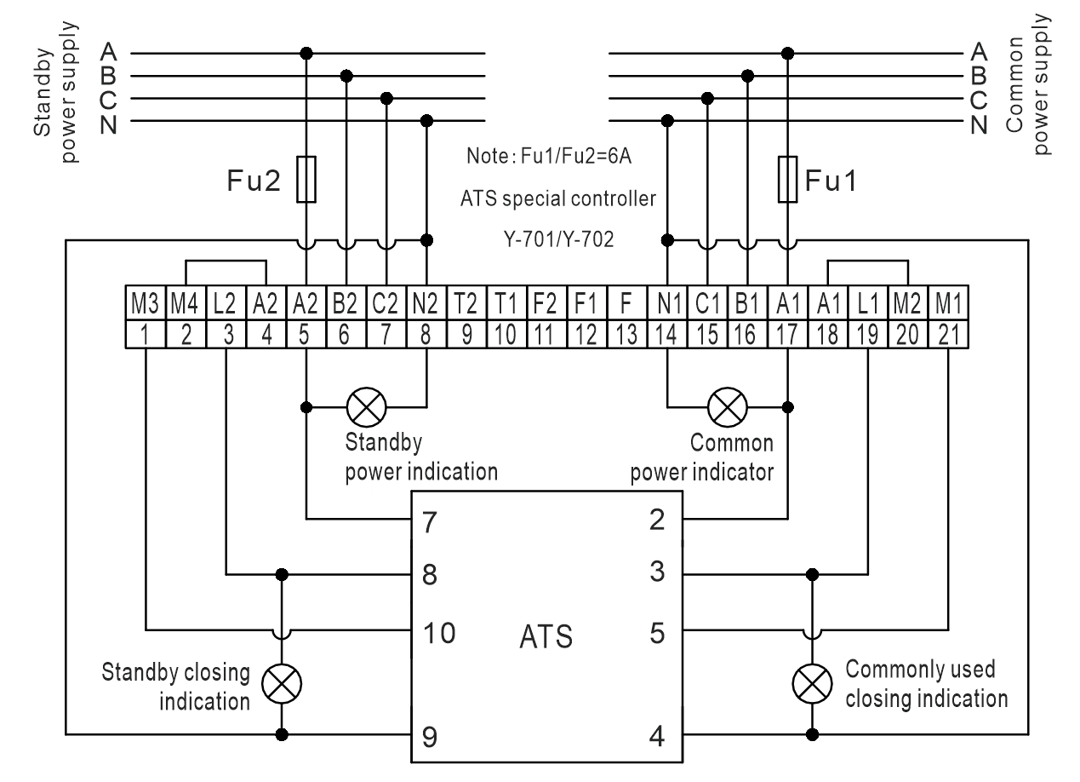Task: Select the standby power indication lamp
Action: click(367, 406)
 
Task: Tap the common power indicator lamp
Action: click(728, 406)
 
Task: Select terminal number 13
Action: click(626, 334)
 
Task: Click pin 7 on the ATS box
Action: click(430, 521)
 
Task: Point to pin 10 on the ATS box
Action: click(439, 633)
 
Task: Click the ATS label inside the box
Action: click(546, 636)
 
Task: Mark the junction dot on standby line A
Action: click(306, 53)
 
